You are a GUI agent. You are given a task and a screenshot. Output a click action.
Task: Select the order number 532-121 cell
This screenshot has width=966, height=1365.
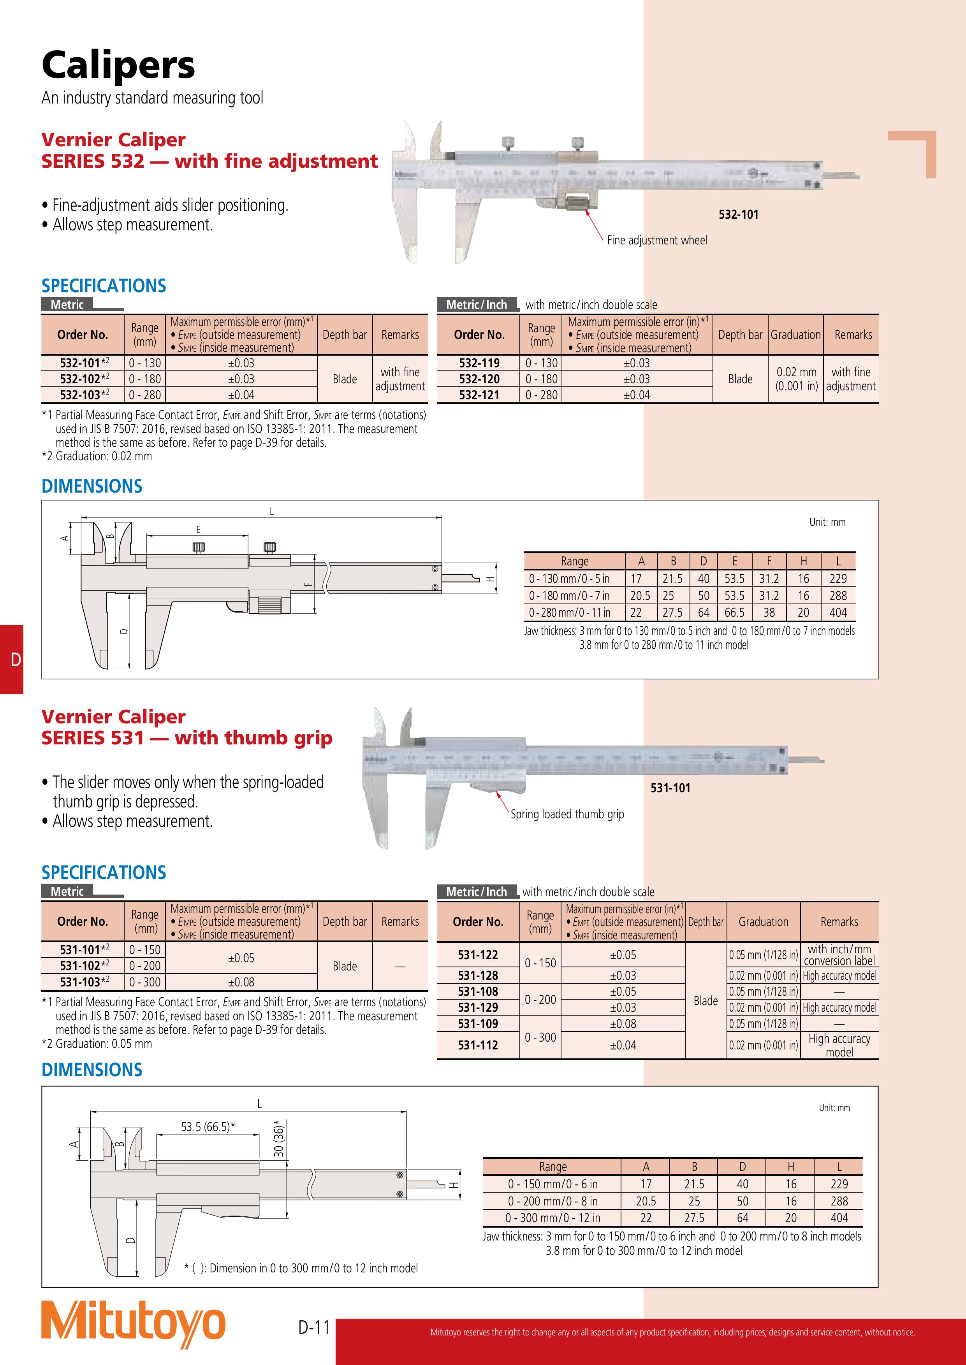click(x=479, y=395)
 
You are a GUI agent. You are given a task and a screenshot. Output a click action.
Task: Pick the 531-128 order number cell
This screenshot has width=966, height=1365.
click(x=478, y=976)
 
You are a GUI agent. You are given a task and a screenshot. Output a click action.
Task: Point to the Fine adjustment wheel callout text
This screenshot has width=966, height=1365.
click(x=657, y=240)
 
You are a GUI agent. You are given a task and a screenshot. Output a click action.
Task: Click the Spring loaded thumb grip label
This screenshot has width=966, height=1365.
click(x=567, y=814)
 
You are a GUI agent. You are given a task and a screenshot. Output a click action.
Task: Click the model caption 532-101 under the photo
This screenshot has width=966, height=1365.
click(x=738, y=215)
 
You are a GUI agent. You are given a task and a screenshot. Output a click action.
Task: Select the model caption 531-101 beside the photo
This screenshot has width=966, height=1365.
click(x=670, y=788)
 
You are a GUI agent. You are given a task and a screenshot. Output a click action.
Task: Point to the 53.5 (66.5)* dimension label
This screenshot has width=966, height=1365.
click(x=208, y=1126)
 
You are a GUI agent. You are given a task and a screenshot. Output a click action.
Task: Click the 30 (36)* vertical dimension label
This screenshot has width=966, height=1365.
click(x=279, y=1139)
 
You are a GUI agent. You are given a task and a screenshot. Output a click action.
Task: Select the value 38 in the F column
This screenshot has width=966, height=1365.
click(x=769, y=612)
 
